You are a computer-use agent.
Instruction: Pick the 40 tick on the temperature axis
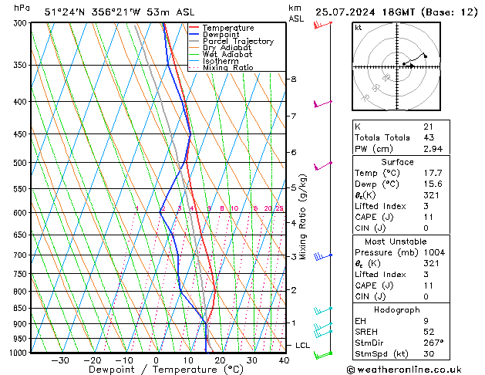284,360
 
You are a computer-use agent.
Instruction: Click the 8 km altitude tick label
294,79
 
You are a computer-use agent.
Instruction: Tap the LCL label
302,345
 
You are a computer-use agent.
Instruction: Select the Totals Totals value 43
428,137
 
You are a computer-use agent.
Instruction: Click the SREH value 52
428,331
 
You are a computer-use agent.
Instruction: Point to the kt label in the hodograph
358,28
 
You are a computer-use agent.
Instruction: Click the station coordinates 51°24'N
66,12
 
